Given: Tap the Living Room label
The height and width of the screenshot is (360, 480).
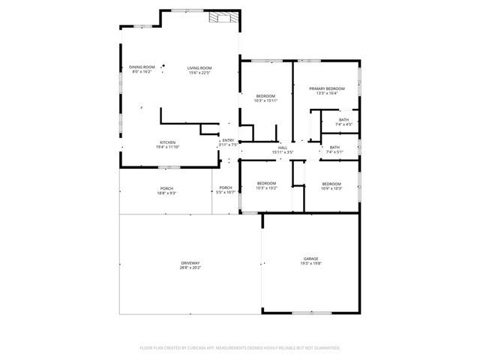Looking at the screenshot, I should (199, 67).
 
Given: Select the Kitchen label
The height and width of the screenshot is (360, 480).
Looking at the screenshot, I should (167, 142).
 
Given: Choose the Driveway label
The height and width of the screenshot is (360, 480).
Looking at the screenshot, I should (190, 262).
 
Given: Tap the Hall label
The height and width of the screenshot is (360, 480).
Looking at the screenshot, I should (283, 147).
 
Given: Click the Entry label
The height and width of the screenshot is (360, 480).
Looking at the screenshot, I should (227, 140).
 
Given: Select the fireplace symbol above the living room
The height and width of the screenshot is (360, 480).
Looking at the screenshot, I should (221, 19).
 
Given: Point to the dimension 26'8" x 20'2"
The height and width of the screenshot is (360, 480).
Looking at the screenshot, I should (190, 267).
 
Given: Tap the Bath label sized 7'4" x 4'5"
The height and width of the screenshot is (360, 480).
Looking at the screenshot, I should (343, 119).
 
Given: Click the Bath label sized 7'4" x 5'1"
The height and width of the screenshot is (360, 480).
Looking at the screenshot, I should (334, 147).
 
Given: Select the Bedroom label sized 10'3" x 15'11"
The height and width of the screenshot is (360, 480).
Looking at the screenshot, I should (266, 96).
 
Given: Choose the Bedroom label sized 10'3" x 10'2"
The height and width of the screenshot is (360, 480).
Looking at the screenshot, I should (267, 184).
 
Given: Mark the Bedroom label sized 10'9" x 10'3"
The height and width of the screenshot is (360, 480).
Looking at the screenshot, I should (331, 184).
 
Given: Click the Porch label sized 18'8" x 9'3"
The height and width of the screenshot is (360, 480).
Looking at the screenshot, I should (166, 188).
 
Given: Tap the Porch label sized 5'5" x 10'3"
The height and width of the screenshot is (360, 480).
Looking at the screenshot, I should (225, 188).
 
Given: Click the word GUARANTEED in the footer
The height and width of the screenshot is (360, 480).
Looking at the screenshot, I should (323, 348).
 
